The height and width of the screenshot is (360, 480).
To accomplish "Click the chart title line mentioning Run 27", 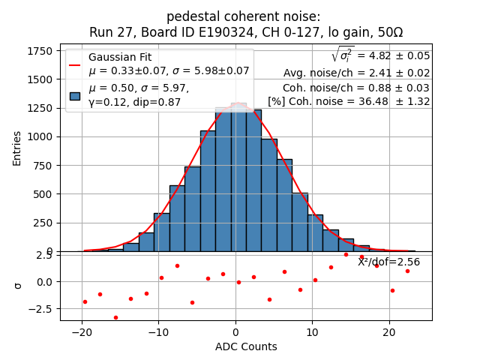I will coord(246,32).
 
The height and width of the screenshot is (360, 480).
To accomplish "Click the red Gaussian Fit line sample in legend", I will coord(75,64).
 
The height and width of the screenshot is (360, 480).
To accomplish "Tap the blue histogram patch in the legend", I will coord(75,95).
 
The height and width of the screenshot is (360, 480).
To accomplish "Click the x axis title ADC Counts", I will coord(246,346).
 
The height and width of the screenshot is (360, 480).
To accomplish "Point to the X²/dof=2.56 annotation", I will coord(388,262).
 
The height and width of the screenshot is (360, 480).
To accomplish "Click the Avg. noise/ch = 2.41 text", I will coord(356,73).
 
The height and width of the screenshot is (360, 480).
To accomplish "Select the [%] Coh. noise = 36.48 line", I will coord(349,101).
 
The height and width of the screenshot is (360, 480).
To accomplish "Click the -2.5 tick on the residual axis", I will coord(42,308).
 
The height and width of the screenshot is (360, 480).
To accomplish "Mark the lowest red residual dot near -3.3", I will coord(115,317).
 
